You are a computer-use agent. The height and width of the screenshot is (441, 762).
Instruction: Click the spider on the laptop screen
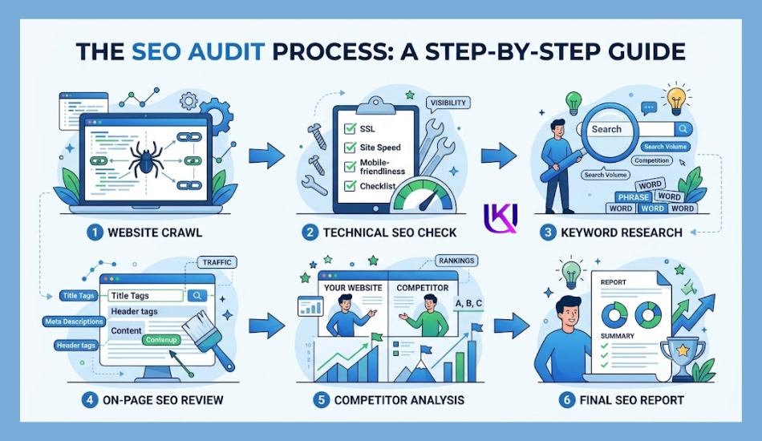(x=146, y=159)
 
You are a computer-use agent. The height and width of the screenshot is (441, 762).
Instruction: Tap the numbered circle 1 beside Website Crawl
(x=95, y=233)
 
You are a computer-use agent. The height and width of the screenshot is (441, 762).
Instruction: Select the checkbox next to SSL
(x=350, y=129)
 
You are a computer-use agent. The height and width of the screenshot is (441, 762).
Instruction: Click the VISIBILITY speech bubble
(x=448, y=103)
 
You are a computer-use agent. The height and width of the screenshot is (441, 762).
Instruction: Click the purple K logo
(x=500, y=217)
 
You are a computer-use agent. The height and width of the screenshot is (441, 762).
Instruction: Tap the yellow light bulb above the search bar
(x=676, y=99)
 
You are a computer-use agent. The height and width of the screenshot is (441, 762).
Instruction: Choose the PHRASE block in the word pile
(x=633, y=196)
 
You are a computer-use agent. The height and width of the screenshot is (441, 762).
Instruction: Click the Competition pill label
(x=651, y=160)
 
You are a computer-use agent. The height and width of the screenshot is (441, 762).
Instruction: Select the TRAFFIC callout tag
(x=217, y=262)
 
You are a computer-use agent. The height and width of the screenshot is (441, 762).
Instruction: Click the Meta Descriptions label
(x=74, y=321)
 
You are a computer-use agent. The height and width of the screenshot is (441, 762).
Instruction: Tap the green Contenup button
(x=161, y=340)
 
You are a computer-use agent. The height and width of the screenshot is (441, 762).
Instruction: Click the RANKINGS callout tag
(x=456, y=261)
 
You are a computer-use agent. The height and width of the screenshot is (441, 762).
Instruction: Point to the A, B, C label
(x=468, y=304)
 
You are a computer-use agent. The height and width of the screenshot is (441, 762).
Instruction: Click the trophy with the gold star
(x=683, y=357)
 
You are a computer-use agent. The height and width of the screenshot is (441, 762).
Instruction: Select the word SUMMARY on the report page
(x=617, y=336)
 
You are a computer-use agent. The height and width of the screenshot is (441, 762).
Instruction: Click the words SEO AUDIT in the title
(x=198, y=51)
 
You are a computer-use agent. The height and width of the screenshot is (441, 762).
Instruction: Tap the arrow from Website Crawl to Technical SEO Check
(x=267, y=156)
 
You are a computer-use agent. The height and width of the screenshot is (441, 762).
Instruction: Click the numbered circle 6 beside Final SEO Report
(x=566, y=400)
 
